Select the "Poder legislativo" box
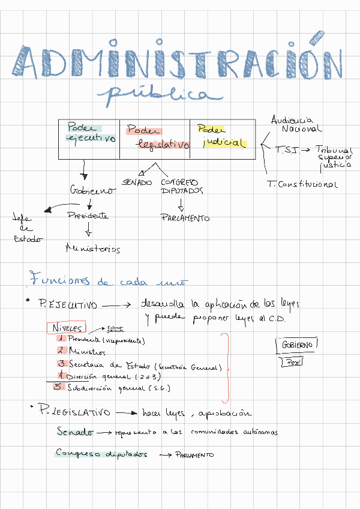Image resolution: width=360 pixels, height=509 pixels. [x=155, y=138]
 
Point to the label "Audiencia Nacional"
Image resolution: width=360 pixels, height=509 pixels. [x=296, y=124]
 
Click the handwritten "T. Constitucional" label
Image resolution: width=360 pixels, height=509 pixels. [x=303, y=184]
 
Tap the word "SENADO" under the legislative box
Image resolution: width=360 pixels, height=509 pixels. [x=137, y=182]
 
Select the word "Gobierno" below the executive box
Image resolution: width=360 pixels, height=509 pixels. [x=94, y=191]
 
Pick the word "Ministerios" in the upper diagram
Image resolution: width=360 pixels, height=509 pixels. [x=93, y=248]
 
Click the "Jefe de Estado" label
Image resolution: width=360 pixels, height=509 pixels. [x=25, y=228]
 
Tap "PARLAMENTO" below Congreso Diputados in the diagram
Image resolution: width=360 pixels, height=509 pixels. [x=185, y=218]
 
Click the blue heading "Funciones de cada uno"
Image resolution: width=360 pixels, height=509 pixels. [x=108, y=281]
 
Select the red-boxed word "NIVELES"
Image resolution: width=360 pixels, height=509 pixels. [x=66, y=328]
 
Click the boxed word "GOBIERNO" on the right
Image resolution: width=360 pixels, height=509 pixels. [x=296, y=345]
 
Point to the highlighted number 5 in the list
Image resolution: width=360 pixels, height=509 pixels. [x=58, y=387]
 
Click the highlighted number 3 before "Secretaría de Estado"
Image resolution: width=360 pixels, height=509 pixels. [x=62, y=364]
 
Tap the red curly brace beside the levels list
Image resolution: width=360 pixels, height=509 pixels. [x=226, y=367]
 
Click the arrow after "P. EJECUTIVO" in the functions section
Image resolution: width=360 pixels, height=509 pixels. [x=118, y=306]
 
